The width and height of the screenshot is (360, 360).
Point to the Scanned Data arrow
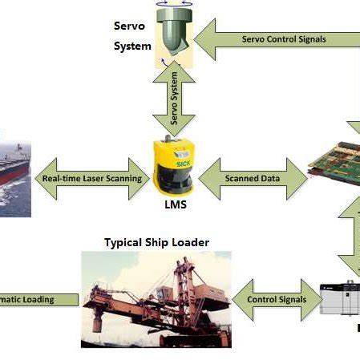(253, 178)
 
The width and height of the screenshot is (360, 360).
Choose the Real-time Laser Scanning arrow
(91, 178)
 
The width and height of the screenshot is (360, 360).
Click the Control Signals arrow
(276, 300)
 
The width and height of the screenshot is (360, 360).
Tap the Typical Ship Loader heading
(156, 241)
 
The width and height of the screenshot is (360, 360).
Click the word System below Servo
(131, 46)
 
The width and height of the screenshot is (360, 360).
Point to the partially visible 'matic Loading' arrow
(36, 300)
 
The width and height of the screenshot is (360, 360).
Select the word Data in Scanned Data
(269, 178)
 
